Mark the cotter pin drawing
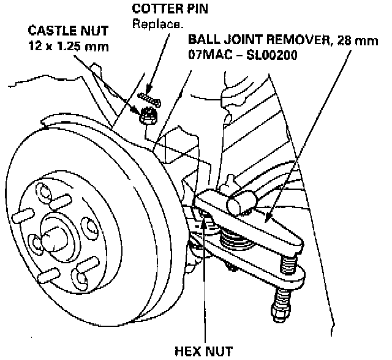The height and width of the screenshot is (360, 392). coord(149,96)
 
